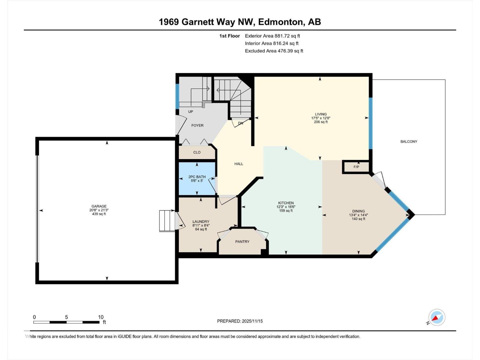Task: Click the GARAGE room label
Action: (99, 206)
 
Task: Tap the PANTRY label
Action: (242, 241)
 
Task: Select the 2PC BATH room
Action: (197, 179)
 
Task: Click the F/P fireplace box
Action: (356, 167)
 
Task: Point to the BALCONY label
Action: (409, 141)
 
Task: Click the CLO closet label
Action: (197, 152)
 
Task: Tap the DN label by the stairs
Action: (241, 123)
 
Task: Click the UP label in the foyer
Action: (190, 112)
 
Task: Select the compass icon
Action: (437, 317)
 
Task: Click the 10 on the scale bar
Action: (101, 317)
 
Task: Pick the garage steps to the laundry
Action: (167, 221)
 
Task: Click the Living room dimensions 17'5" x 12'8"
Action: (321, 118)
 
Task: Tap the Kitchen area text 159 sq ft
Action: (286, 211)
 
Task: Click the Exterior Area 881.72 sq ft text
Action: (272, 36)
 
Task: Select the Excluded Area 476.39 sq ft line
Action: (274, 51)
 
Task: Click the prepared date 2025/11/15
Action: (252, 321)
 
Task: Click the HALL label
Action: (238, 164)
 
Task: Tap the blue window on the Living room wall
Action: (370, 123)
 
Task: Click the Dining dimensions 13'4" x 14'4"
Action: (358, 215)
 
